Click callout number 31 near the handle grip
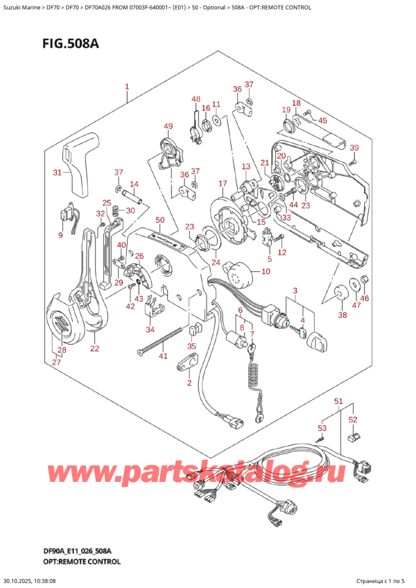59,173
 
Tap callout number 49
168,126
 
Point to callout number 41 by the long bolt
163,356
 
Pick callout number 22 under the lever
94,348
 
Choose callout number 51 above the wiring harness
338,401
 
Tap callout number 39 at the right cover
354,148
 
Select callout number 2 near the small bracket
188,383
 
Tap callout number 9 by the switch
60,236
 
